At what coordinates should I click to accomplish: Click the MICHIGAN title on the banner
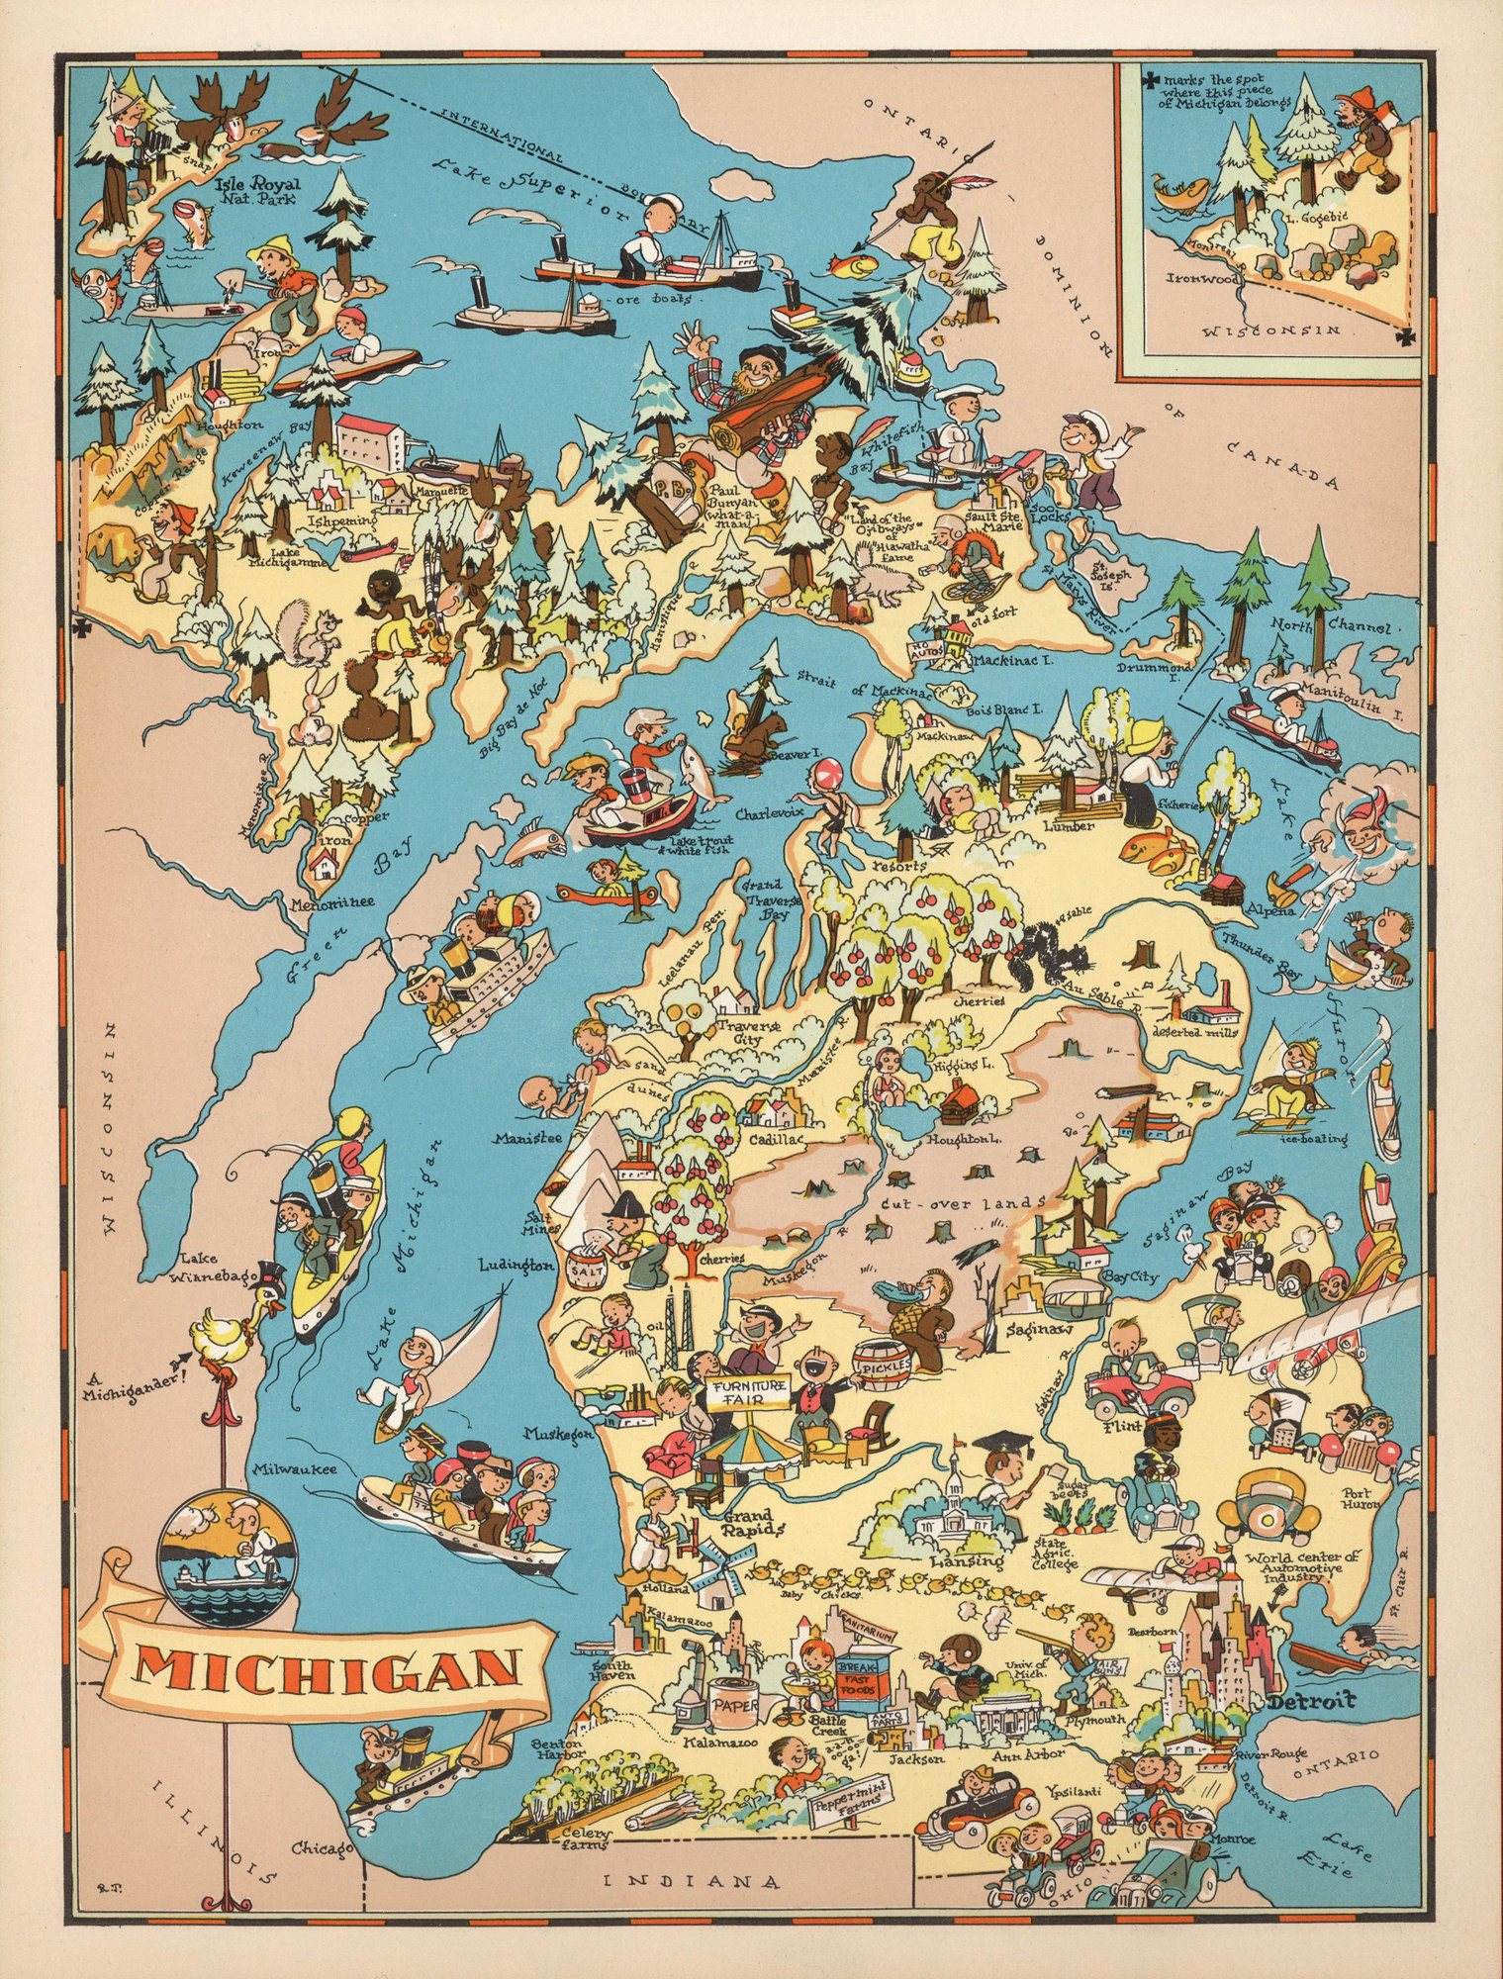(327, 1668)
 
